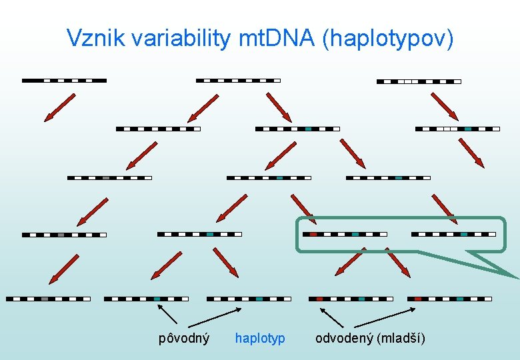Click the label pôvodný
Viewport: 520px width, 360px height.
(184, 338)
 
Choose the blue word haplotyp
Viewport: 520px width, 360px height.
(260, 338)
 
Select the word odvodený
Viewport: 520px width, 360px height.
(344, 338)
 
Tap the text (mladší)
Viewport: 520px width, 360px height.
(401, 338)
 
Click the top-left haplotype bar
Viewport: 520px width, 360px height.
(64, 81)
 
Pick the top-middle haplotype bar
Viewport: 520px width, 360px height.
(238, 81)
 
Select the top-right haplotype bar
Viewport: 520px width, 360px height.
(419, 82)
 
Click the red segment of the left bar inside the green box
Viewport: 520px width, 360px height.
(313, 235)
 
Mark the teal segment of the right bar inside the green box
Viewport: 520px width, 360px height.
(463, 235)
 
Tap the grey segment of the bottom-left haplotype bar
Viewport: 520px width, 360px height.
(45, 299)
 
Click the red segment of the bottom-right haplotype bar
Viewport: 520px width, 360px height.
(418, 299)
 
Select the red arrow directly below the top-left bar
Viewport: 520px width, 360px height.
(59, 108)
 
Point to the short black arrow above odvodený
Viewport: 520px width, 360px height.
(331, 317)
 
